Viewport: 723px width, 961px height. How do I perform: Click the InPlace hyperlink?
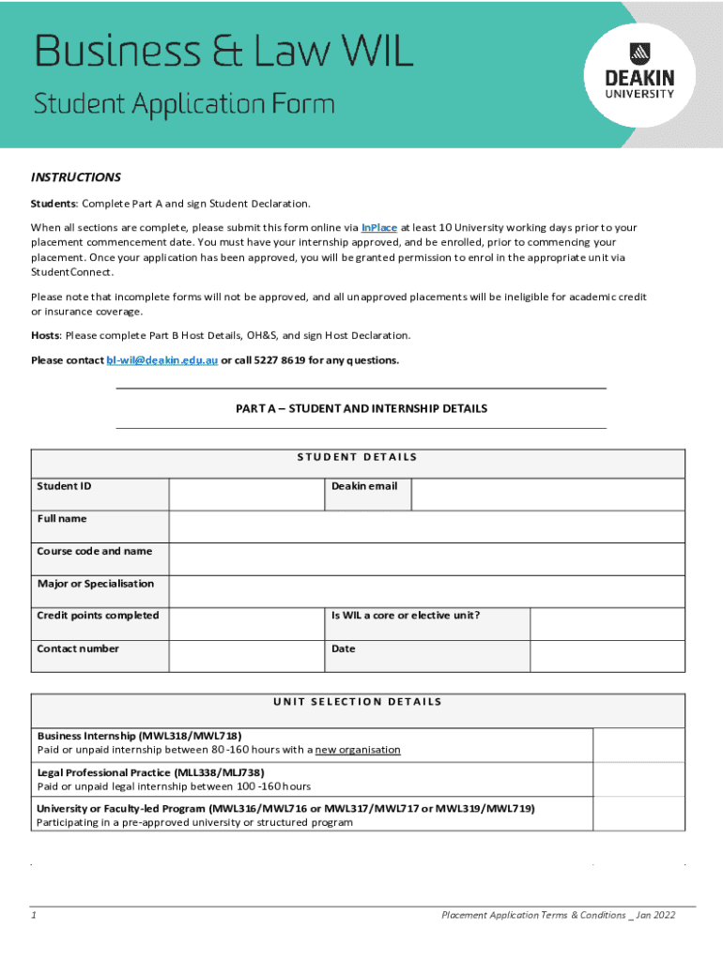click(x=378, y=227)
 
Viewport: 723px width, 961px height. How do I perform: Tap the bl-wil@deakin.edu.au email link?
click(x=162, y=360)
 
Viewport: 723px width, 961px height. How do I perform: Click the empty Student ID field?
click(x=246, y=494)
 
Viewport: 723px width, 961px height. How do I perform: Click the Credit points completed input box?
click(x=246, y=623)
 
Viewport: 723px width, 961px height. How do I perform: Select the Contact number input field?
click(x=246, y=656)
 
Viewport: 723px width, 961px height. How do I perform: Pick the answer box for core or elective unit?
click(x=608, y=623)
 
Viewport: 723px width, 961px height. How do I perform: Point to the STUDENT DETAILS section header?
click(x=357, y=458)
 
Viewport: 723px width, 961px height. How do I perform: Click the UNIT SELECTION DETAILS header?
click(x=357, y=702)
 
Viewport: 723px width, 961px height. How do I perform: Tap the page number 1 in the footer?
click(x=33, y=915)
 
